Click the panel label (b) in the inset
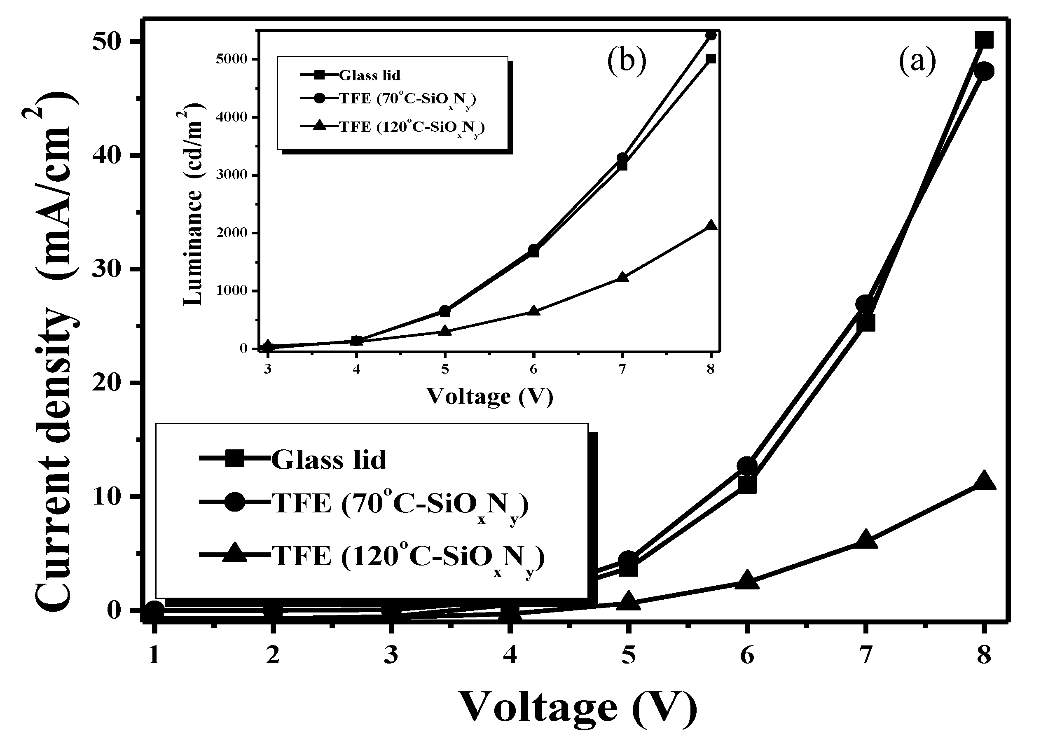pyautogui.click(x=626, y=62)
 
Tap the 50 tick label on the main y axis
pyautogui.click(x=110, y=42)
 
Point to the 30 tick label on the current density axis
pyautogui.click(x=110, y=269)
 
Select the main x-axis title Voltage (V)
pyautogui.click(x=578, y=707)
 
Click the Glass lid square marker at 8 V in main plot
pyautogui.click(x=984, y=40)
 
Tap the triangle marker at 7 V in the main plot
pyautogui.click(x=865, y=540)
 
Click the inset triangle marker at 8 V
pyautogui.click(x=711, y=225)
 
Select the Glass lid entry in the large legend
pyautogui.click(x=329, y=459)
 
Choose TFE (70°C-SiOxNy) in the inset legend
pyautogui.click(x=407, y=99)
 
